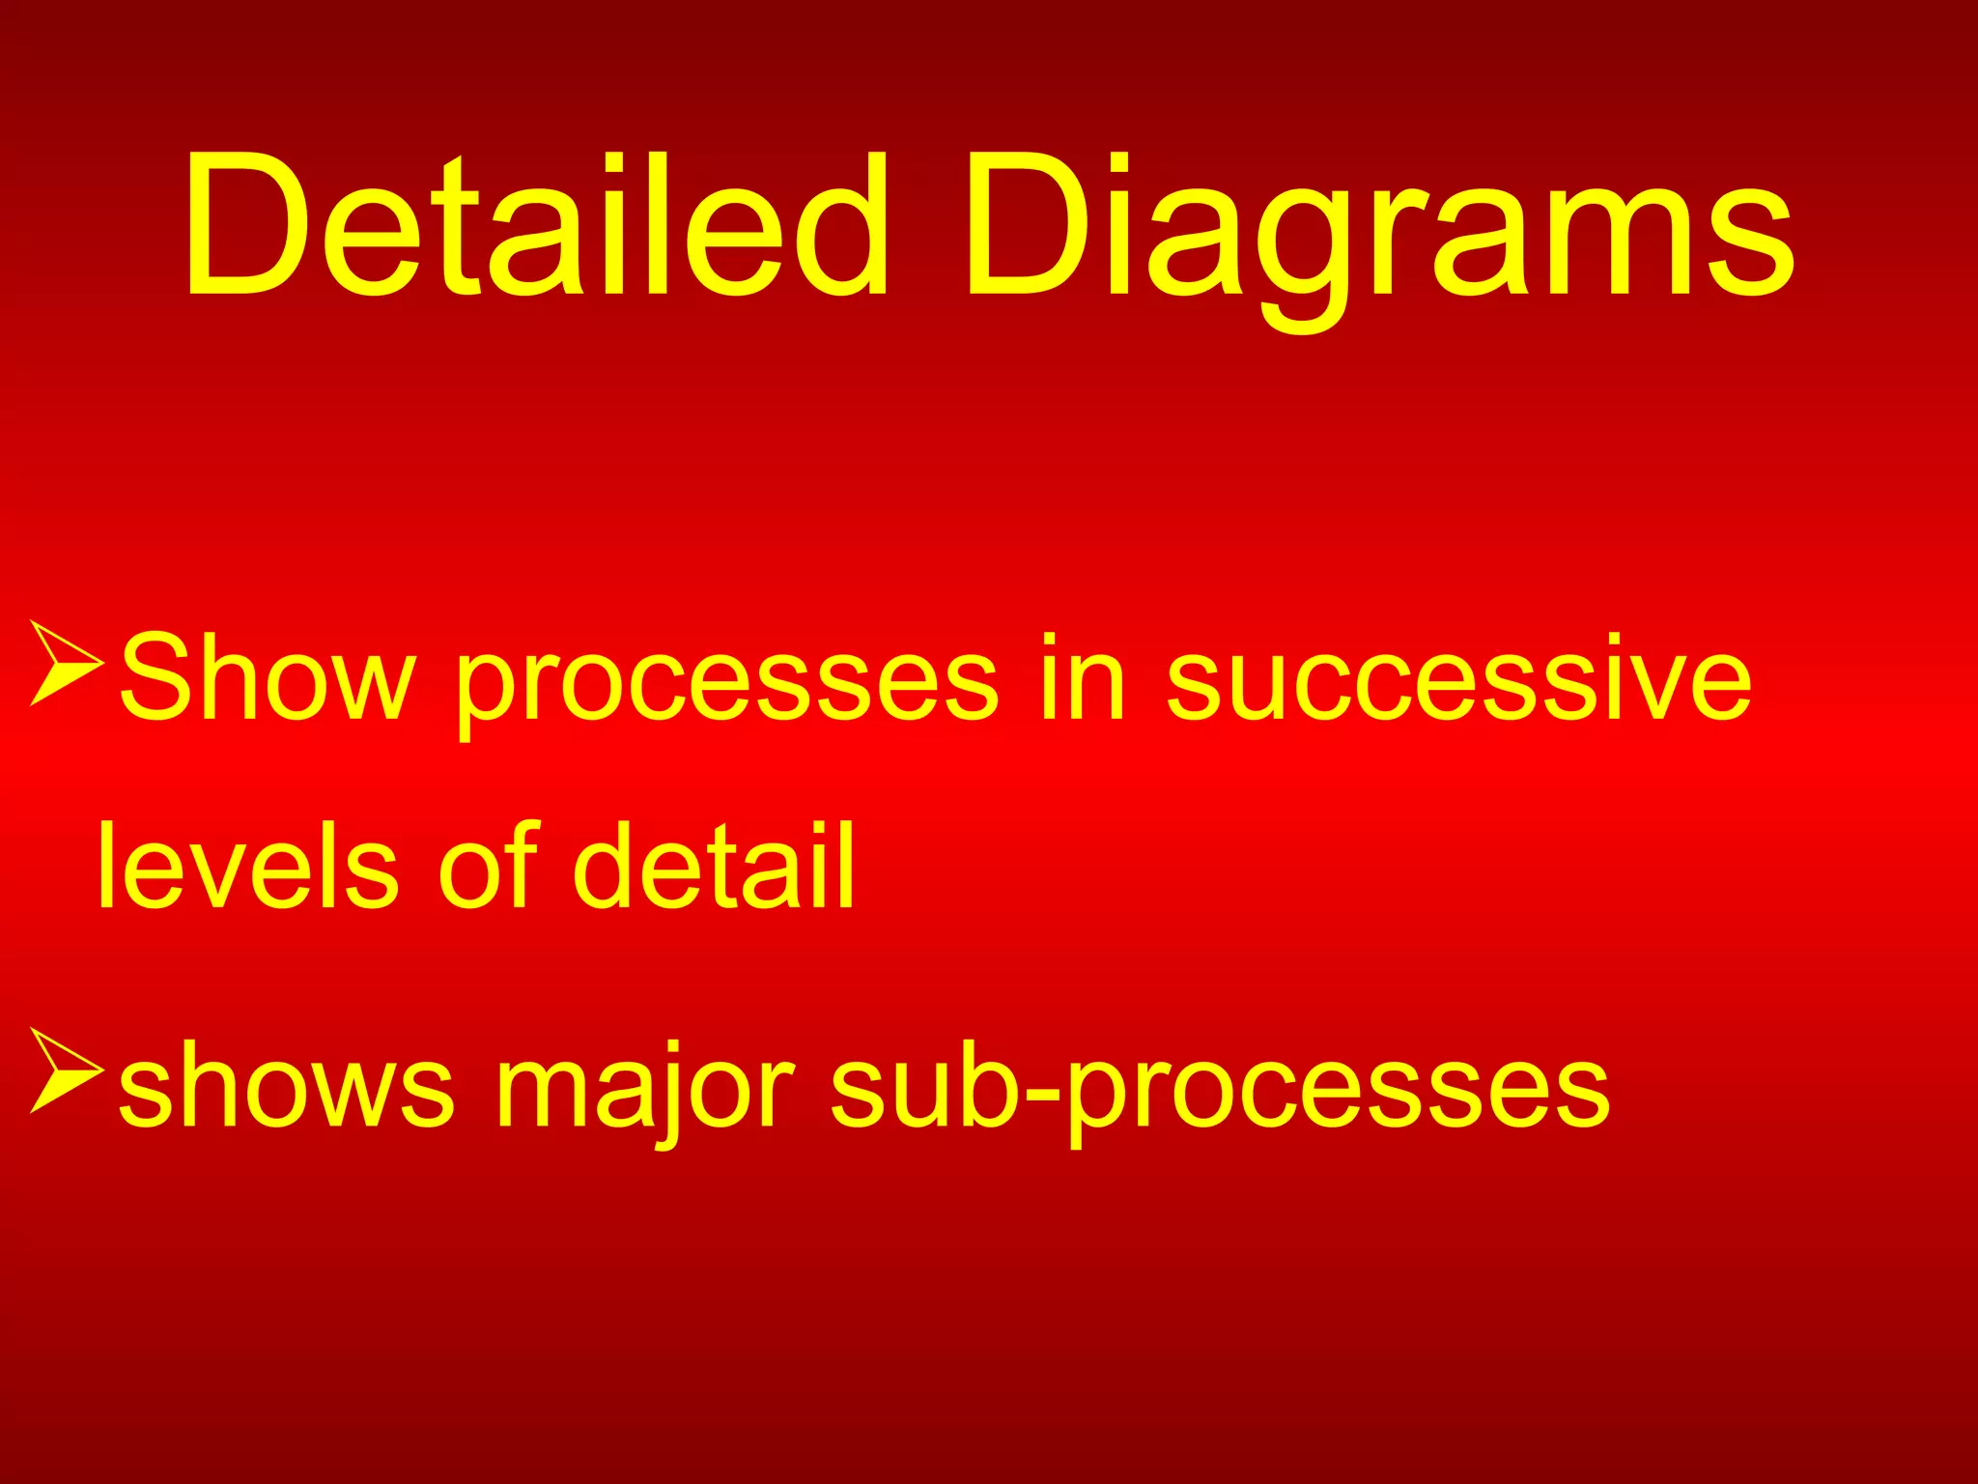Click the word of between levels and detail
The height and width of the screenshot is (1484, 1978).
click(487, 865)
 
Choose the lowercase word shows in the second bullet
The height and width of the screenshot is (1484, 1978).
click(286, 1088)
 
